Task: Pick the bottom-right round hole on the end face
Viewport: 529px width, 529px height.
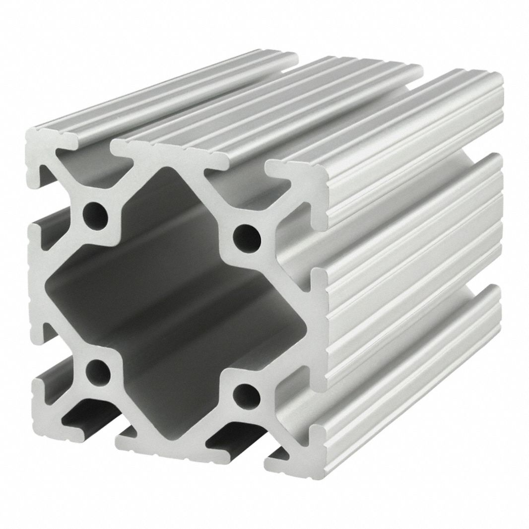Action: (246, 395)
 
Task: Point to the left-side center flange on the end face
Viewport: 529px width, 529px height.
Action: (37, 283)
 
